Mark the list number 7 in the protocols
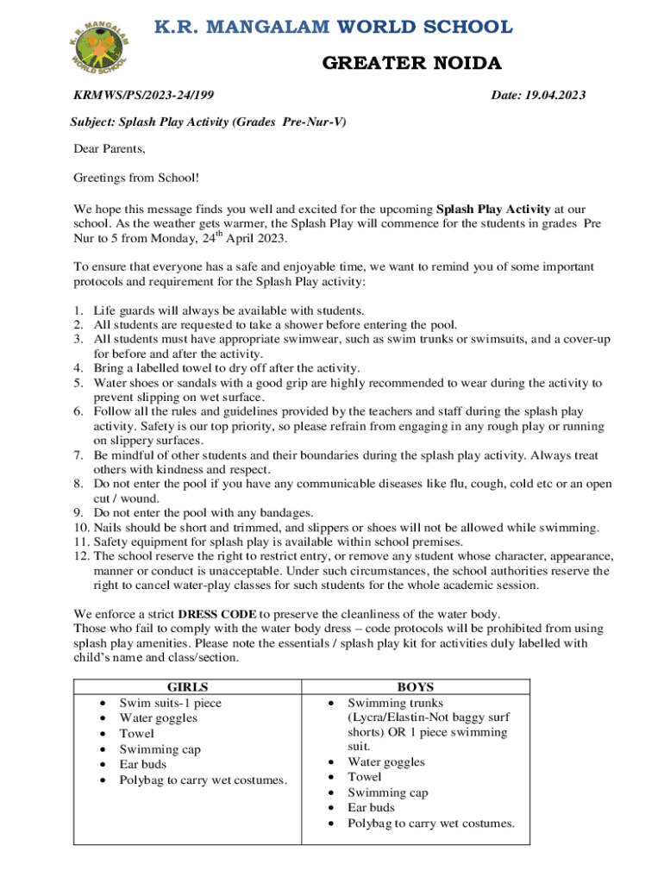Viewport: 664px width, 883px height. click(78, 454)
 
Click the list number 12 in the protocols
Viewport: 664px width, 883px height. click(78, 556)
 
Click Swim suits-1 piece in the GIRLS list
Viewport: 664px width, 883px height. click(170, 703)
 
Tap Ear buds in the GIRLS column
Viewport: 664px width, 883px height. click(143, 764)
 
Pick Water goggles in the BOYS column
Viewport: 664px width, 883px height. click(386, 761)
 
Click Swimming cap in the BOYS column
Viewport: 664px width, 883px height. click(388, 792)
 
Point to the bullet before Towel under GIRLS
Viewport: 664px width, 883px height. click(104, 734)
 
